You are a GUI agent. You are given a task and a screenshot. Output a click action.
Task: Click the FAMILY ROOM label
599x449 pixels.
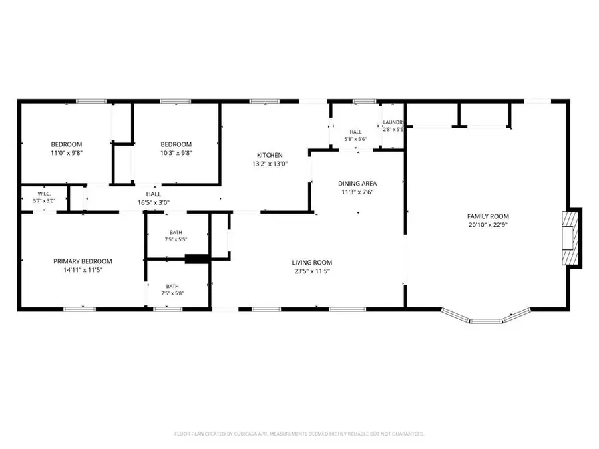[x=488, y=216]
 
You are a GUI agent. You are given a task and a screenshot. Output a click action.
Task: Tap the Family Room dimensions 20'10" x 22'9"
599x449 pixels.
[x=488, y=225]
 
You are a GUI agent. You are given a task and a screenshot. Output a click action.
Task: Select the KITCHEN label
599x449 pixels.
[x=270, y=155]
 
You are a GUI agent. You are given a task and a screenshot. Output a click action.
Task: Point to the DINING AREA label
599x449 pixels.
[x=357, y=184]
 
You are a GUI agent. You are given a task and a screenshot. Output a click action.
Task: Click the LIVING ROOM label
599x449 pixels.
[x=311, y=263]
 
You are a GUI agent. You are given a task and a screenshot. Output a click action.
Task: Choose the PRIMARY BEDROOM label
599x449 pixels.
[x=83, y=261]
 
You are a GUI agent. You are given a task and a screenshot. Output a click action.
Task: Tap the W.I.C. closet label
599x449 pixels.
[x=44, y=194]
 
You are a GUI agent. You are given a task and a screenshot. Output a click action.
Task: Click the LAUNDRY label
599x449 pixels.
[x=393, y=122]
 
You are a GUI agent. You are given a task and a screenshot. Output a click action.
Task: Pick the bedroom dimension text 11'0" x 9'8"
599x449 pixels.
[x=67, y=153]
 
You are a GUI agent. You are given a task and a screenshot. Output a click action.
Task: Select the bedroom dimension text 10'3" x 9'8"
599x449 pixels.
[x=176, y=153]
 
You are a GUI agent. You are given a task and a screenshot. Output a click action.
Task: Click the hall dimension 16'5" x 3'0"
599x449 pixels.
[x=154, y=203]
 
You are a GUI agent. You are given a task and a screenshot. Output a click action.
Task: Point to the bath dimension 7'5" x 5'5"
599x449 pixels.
[x=176, y=239]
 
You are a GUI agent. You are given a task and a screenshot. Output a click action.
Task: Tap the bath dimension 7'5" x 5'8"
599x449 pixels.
[x=172, y=293]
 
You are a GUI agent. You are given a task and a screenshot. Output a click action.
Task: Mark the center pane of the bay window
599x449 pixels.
[x=485, y=321]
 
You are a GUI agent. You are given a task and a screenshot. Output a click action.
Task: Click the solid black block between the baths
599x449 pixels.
[x=197, y=259]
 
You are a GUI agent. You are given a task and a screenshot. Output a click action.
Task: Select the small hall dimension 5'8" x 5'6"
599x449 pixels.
[x=355, y=140]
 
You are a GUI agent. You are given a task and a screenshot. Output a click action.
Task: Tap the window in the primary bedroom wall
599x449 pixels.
[x=79, y=309]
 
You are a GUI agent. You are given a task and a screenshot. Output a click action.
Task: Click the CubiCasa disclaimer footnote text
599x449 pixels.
[x=299, y=434]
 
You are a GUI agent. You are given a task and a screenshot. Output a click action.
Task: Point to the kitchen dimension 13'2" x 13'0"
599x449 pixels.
[x=270, y=164]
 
